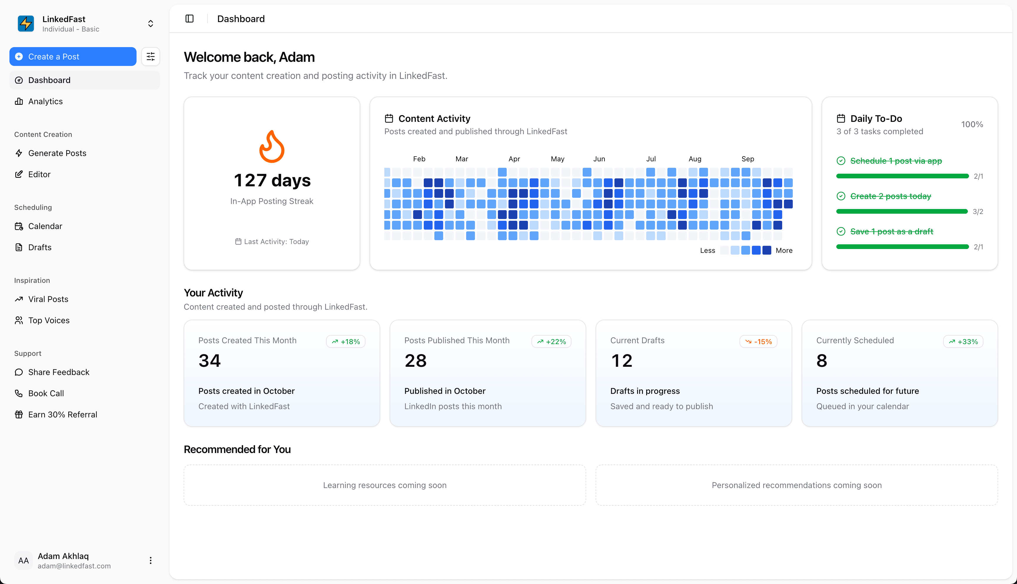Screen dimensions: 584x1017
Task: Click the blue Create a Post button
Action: click(x=73, y=57)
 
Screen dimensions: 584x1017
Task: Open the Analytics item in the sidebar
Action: click(x=45, y=102)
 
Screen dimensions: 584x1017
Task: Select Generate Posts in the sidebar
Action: click(x=57, y=153)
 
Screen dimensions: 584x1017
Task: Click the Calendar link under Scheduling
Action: click(x=45, y=226)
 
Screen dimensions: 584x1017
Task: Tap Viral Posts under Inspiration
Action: click(x=48, y=299)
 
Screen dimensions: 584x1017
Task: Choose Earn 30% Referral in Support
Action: click(x=63, y=415)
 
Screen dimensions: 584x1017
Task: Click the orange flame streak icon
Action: click(x=272, y=147)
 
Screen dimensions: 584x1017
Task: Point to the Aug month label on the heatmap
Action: click(x=695, y=159)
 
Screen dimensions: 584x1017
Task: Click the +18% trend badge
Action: click(x=345, y=342)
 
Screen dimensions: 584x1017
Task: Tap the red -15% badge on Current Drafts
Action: click(x=758, y=342)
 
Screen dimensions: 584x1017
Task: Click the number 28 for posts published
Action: click(x=415, y=361)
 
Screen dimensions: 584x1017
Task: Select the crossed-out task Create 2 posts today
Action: click(x=890, y=196)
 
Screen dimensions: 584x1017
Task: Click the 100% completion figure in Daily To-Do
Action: click(x=972, y=124)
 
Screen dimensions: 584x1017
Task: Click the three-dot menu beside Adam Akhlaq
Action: click(x=150, y=560)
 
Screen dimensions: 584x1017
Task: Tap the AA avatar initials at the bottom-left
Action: click(x=24, y=560)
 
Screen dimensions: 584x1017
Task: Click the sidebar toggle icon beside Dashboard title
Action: click(x=190, y=19)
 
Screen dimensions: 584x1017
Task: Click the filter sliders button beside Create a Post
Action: click(x=150, y=57)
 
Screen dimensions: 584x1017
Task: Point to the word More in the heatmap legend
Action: click(x=784, y=250)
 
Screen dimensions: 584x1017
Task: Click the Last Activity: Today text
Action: click(x=276, y=241)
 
